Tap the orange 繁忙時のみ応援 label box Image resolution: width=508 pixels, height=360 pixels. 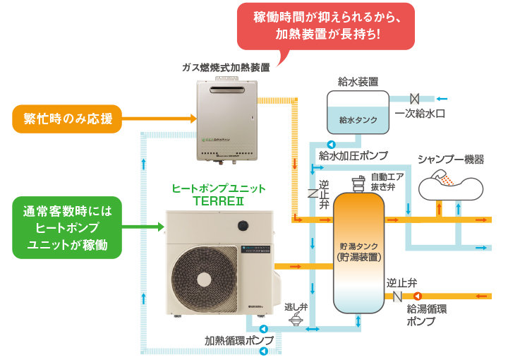coord(68,118)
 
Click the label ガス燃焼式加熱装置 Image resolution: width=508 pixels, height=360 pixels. coord(226,68)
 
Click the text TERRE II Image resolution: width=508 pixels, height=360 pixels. coord(219,200)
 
